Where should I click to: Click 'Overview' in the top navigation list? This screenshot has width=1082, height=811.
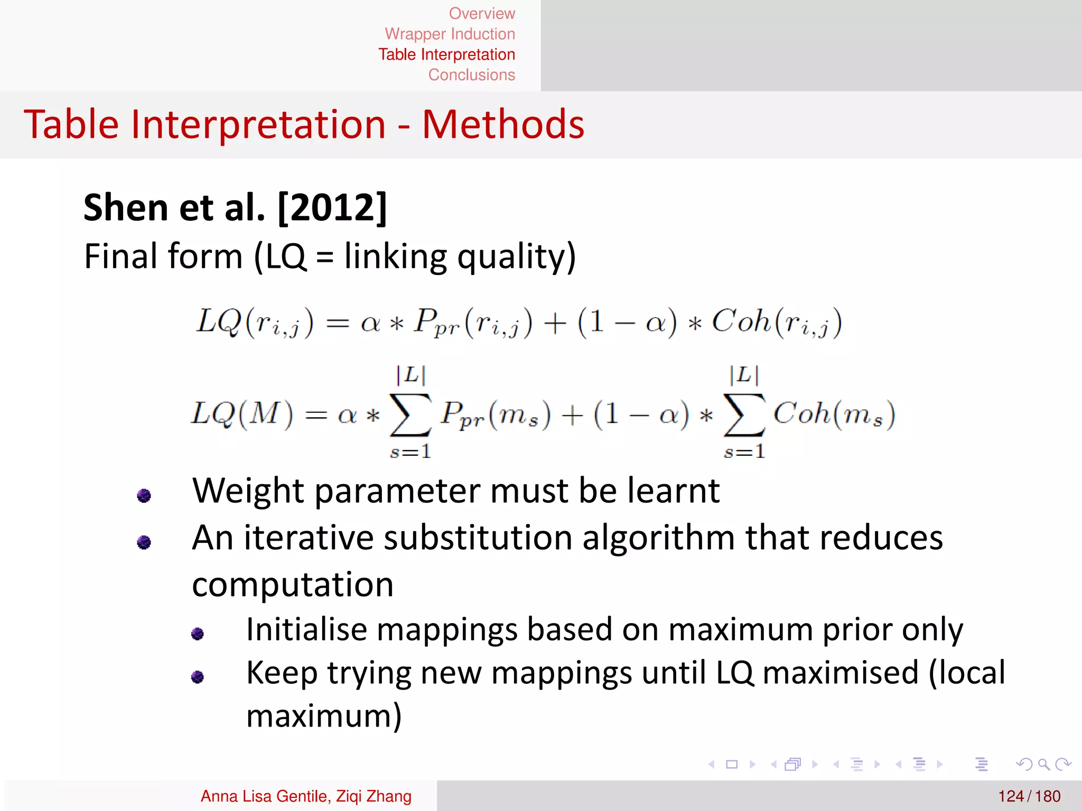[481, 13]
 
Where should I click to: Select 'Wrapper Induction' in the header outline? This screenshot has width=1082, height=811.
[450, 34]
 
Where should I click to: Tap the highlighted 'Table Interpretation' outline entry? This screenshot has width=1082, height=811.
[446, 54]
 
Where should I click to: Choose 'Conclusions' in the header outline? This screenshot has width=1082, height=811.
[471, 75]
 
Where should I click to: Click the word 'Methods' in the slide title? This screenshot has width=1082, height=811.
[503, 125]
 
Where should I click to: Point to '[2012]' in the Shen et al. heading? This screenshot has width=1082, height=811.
[332, 208]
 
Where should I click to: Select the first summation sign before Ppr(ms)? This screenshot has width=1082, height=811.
[410, 415]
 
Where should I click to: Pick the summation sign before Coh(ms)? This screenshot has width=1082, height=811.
[744, 415]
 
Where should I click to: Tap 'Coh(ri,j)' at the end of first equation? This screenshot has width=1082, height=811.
[777, 322]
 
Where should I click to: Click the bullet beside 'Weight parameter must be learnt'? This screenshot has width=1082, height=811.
[144, 495]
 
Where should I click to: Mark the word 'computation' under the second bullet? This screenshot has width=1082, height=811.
[293, 585]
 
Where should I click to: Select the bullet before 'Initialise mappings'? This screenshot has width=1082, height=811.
[198, 633]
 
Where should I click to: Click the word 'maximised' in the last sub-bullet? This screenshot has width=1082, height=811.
[841, 673]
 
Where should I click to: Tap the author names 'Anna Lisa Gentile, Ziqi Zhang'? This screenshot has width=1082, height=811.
[306, 796]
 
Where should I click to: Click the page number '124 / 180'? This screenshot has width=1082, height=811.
[1029, 796]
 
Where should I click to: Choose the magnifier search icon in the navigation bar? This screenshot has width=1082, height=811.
[1043, 764]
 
